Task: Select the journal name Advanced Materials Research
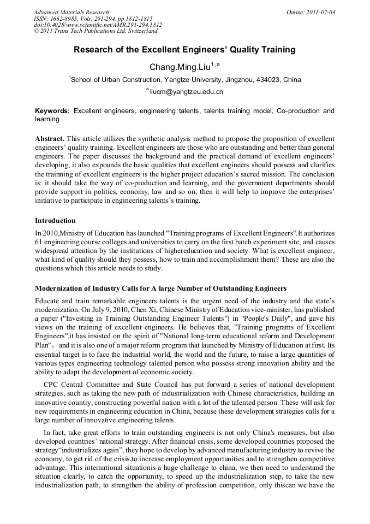pyautogui.click(x=71, y=11)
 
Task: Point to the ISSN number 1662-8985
pyautogui.click(x=65, y=18)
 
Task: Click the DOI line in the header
pyautogui.click(x=97, y=25)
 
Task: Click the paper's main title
pyautogui.click(x=184, y=50)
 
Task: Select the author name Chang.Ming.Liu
pyautogui.click(x=180, y=67)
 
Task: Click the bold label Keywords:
pyautogui.click(x=52, y=111)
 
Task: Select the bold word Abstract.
pyautogui.click(x=50, y=139)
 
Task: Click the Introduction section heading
pyautogui.click(x=55, y=221)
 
